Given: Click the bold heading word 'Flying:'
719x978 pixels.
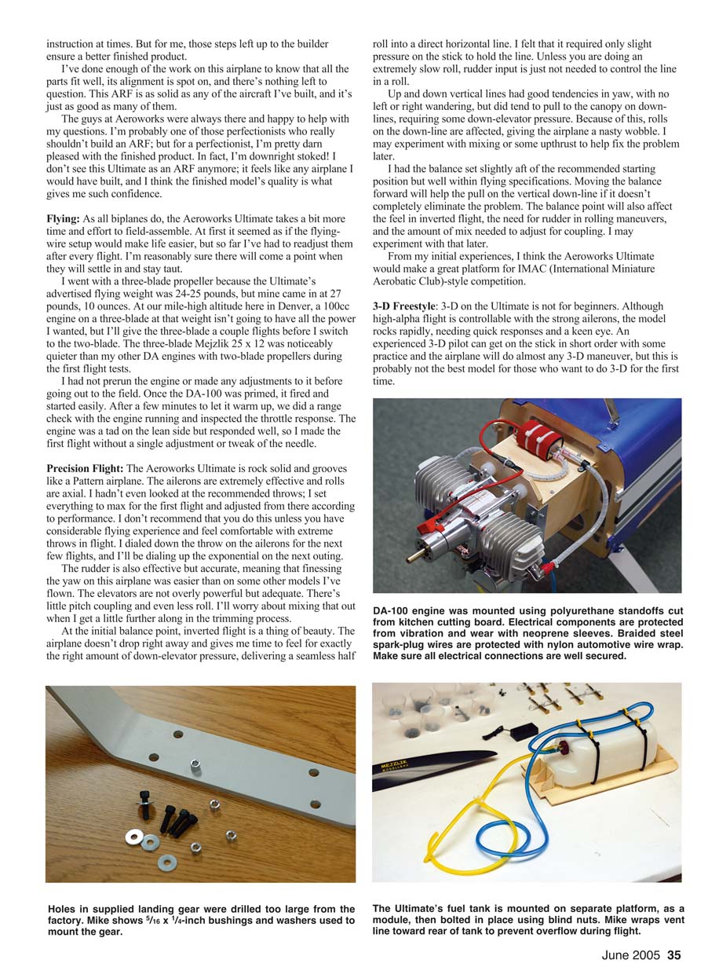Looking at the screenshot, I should click(x=64, y=218).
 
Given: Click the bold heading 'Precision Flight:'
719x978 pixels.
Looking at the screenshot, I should click(x=85, y=468).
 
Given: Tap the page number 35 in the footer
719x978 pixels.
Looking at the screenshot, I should click(x=674, y=956).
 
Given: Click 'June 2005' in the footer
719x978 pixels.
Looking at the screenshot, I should click(x=632, y=956).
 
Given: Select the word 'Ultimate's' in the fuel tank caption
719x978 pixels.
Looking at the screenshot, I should click(x=429, y=909).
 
